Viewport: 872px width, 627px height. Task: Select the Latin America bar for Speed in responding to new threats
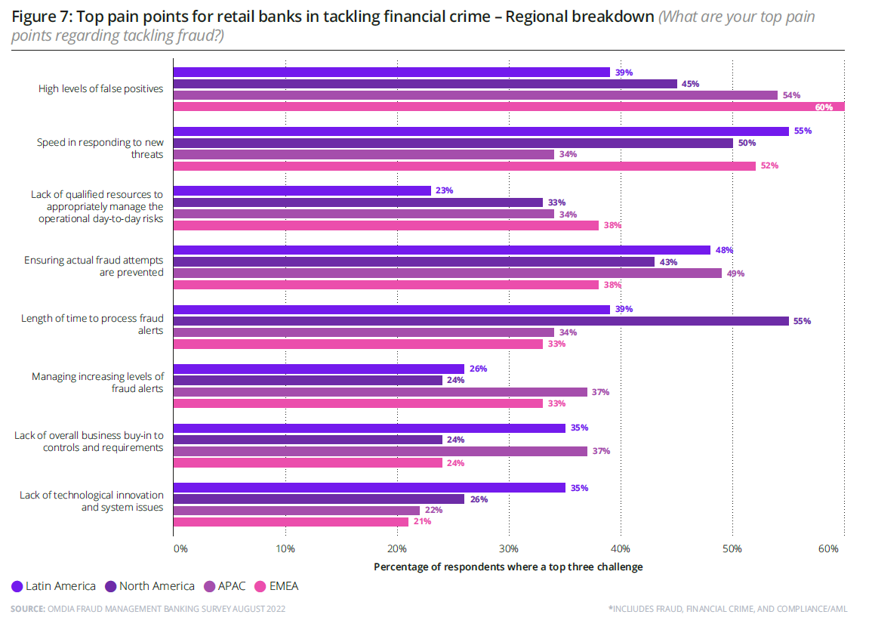(481, 131)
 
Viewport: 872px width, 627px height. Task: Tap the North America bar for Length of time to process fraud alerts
(481, 321)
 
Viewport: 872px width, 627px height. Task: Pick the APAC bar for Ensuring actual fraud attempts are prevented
(448, 273)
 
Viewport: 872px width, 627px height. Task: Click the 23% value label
(444, 191)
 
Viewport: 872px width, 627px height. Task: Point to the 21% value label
(421, 522)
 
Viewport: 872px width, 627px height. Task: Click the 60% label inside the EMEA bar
(823, 107)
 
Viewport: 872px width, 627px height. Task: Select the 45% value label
(690, 84)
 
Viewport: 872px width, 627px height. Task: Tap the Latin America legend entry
(54, 586)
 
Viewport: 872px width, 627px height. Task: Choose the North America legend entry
(149, 586)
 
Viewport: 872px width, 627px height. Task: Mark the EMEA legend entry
(279, 586)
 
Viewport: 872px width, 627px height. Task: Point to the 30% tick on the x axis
(508, 548)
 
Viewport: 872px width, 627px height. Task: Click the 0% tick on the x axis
(180, 548)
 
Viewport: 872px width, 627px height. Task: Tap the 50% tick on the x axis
(732, 548)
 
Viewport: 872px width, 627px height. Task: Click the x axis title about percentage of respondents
(508, 567)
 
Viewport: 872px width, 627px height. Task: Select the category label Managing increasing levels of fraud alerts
(97, 382)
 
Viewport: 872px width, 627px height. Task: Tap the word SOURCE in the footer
(27, 608)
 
